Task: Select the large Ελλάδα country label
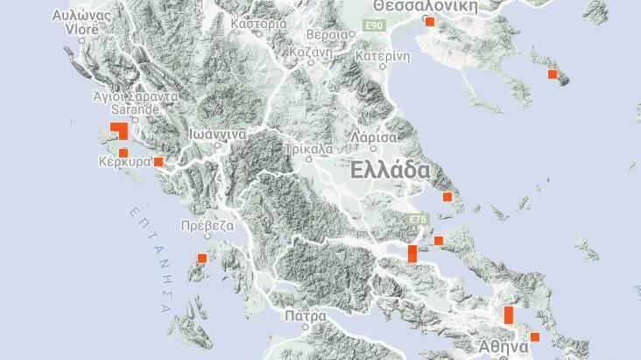click(x=390, y=170)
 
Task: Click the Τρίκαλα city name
click(x=308, y=149)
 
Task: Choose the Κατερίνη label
click(x=383, y=55)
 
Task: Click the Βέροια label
click(x=325, y=35)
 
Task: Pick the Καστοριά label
click(x=259, y=24)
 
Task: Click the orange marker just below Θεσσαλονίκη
click(x=430, y=21)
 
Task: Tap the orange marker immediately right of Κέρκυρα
click(x=158, y=162)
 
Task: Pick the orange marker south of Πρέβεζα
click(x=202, y=258)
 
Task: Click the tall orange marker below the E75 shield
click(x=412, y=253)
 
